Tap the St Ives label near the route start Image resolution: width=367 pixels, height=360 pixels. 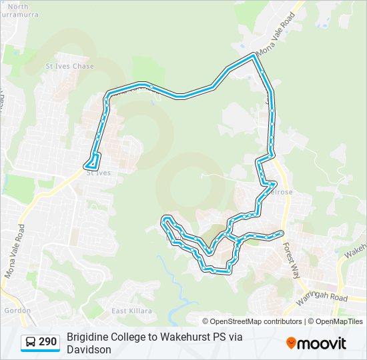click(x=98, y=173)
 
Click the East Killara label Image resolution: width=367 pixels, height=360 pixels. click(x=131, y=311)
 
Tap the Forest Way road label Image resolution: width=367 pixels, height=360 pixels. click(x=291, y=261)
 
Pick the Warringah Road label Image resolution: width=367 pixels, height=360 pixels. click(x=323, y=296)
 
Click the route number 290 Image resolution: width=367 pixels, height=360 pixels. click(x=47, y=342)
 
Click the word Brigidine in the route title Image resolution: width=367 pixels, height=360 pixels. click(x=89, y=337)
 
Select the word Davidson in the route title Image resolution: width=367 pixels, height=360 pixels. click(x=89, y=349)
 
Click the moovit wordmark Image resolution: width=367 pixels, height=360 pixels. click(x=322, y=343)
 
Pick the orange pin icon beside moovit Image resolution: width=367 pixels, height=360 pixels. click(x=291, y=343)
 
